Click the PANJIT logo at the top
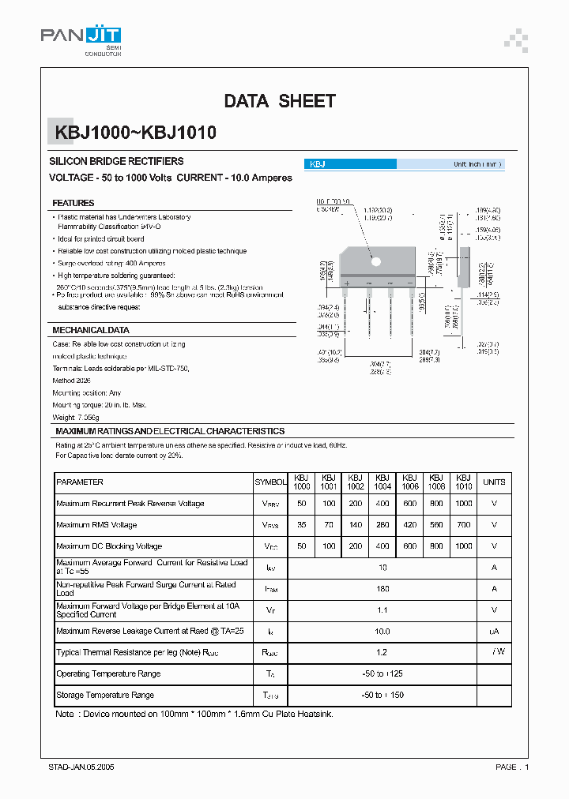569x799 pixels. pyautogui.click(x=81, y=37)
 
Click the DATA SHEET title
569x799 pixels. pyautogui.click(x=280, y=101)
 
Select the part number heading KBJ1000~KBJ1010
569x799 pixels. pyautogui.click(x=134, y=133)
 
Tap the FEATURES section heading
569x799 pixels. pyautogui.click(x=73, y=203)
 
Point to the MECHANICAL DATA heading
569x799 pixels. pyautogui.click(x=90, y=330)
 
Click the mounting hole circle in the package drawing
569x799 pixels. pyautogui.click(x=376, y=261)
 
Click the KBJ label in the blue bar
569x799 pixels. pyautogui.click(x=317, y=164)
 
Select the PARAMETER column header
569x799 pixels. pyautogui.click(x=80, y=482)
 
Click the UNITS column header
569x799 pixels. pyautogui.click(x=494, y=482)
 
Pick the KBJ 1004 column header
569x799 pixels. pyautogui.click(x=382, y=482)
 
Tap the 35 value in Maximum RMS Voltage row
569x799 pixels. pyautogui.click(x=302, y=525)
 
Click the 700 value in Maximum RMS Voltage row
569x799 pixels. pyautogui.click(x=464, y=525)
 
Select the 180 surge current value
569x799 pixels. pyautogui.click(x=382, y=589)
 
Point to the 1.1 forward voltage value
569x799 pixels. pyautogui.click(x=382, y=610)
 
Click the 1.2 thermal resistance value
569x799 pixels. pyautogui.click(x=382, y=653)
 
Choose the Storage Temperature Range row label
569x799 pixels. pyautogui.click(x=105, y=696)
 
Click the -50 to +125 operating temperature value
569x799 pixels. pyautogui.click(x=382, y=674)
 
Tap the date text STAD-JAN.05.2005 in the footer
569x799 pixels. pyautogui.click(x=81, y=767)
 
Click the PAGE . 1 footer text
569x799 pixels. pyautogui.click(x=512, y=767)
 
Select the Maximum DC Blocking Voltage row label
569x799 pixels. pyautogui.click(x=111, y=546)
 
